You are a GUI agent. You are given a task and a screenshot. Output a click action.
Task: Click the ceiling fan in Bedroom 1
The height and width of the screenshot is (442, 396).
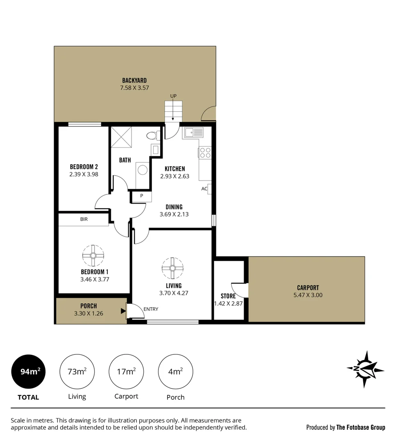pos(93,255)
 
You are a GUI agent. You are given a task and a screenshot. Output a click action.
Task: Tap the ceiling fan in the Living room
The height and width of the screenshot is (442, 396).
pos(172,268)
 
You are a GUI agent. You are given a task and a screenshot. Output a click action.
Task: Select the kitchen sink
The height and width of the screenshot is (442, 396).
pos(194,132)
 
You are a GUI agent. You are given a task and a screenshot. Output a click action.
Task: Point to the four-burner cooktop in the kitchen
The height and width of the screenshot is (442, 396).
pos(205,153)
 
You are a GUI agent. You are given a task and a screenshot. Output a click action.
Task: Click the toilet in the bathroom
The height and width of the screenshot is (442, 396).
pos(153,135)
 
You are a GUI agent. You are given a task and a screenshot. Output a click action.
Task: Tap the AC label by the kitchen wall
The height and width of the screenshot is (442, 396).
pos(204,189)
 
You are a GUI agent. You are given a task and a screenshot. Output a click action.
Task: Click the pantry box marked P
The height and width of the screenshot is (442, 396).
pos(141,196)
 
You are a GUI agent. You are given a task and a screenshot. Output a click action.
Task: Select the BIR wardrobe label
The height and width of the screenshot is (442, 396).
pos(84,219)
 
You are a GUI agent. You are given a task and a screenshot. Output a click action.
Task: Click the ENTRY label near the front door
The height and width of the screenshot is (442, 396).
pos(151,309)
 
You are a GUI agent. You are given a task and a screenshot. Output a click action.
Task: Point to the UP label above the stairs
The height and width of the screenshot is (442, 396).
pos(173,96)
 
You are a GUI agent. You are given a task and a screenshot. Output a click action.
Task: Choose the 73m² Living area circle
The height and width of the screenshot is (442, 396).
pos(77,372)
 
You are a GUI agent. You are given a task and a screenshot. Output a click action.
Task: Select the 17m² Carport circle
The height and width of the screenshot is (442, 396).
pos(126,372)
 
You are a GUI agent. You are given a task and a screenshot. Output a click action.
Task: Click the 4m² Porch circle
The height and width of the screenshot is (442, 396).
pos(175,372)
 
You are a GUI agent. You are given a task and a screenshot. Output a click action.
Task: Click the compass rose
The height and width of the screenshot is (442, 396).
pos(364,369)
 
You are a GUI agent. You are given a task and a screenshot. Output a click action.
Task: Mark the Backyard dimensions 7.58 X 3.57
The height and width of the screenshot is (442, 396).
pos(134,88)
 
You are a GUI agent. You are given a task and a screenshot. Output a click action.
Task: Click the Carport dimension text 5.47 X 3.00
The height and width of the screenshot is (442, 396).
pos(308,295)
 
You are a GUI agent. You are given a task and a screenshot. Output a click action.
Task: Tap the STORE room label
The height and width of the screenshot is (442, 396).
pos(228,296)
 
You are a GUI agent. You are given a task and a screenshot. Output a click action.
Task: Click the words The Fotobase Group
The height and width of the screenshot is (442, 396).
pos(360,427)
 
